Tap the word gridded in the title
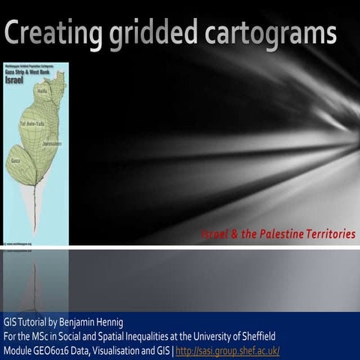point(155,34)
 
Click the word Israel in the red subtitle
point(214,235)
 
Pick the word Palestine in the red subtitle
point(280,235)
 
